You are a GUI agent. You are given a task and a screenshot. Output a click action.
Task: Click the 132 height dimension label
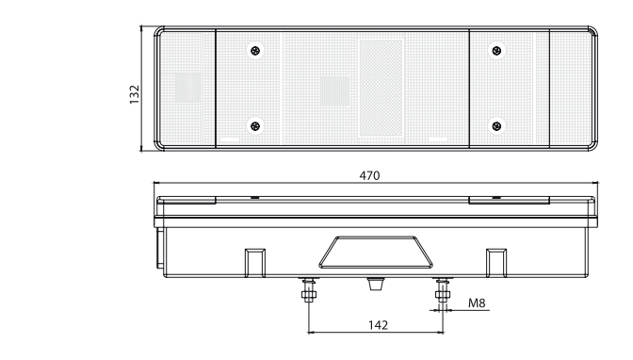[135, 94]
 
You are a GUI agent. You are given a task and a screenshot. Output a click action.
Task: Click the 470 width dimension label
[369, 175]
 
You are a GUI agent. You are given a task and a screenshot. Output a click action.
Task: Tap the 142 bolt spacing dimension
[378, 325]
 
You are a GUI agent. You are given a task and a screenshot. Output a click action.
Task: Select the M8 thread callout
[477, 303]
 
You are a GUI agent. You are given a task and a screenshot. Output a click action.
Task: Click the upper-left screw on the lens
[255, 51]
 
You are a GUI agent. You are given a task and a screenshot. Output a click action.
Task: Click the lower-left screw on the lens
[255, 126]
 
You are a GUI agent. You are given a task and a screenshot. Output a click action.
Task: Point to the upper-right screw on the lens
[497, 51]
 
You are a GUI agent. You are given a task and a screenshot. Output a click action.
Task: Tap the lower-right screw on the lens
[497, 126]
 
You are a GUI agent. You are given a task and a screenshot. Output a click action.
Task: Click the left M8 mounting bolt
[309, 289]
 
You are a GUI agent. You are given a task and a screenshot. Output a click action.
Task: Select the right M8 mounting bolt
[443, 289]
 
